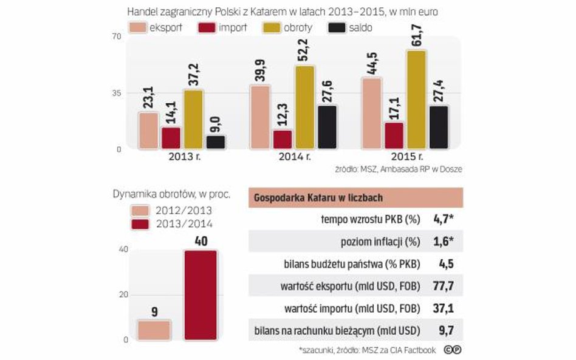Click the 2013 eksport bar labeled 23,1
[x=149, y=131]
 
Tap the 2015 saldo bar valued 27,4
[x=438, y=127]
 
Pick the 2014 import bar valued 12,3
[x=283, y=139]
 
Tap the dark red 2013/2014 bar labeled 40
[x=201, y=294]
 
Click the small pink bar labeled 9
[x=154, y=330]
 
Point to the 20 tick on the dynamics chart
[x=123, y=294]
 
